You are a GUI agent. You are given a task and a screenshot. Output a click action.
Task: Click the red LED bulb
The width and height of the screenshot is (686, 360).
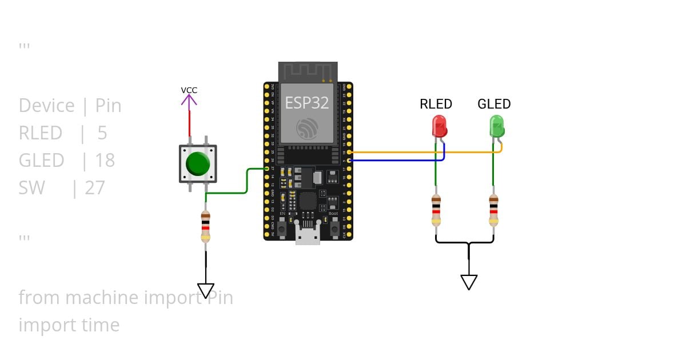(439, 126)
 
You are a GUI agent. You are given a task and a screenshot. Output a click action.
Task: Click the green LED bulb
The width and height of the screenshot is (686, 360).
(497, 126)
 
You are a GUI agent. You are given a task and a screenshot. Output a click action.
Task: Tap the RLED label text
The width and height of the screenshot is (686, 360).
(436, 104)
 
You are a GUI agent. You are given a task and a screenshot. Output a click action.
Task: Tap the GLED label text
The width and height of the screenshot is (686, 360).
(494, 104)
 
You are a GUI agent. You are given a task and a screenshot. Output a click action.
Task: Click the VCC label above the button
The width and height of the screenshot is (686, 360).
(189, 90)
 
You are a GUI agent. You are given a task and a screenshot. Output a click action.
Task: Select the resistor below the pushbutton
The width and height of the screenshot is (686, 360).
(206, 226)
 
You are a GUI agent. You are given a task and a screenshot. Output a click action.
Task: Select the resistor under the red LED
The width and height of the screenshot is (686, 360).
(436, 210)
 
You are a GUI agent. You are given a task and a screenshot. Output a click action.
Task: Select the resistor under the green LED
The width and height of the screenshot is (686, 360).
(493, 210)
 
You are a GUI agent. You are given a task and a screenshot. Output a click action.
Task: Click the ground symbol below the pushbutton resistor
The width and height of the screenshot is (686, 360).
(206, 290)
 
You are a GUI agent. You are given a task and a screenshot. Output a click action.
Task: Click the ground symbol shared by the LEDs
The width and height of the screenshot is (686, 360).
(469, 282)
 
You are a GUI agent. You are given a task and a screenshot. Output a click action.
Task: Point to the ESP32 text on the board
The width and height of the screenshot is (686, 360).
(307, 103)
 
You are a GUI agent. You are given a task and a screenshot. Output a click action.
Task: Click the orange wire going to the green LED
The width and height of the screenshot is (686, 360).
(423, 153)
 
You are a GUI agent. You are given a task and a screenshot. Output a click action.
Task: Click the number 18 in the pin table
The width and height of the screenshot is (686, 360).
(105, 161)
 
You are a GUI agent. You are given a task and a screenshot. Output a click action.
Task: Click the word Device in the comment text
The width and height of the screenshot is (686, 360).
(46, 106)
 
